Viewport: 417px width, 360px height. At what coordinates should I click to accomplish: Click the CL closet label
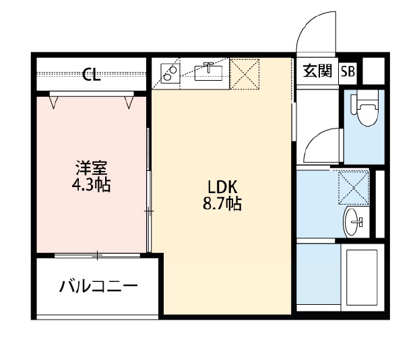tap(91, 74)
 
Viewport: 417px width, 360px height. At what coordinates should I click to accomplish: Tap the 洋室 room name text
tap(91, 168)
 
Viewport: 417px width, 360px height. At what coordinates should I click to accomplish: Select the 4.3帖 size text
tap(91, 184)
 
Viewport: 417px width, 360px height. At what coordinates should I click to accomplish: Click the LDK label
tap(222, 187)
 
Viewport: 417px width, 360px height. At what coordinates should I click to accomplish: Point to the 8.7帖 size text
tap(222, 204)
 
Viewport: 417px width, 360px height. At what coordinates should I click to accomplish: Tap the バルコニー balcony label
tap(98, 286)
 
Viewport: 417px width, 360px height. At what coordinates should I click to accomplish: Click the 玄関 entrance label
tap(317, 71)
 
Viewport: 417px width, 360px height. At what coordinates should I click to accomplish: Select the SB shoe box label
tap(348, 71)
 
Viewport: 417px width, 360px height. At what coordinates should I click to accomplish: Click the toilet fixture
tap(365, 108)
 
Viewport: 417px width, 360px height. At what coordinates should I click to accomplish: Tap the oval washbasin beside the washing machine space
tap(353, 222)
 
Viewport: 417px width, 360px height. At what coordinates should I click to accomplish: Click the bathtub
tap(362, 277)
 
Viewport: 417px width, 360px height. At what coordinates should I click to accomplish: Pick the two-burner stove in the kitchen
tap(170, 73)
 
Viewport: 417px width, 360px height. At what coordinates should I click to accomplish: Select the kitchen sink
tap(209, 73)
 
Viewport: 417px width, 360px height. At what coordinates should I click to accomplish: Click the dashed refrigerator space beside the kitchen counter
tap(245, 74)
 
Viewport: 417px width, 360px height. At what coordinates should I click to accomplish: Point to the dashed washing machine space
tap(354, 188)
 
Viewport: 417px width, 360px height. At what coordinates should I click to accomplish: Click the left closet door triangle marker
tap(54, 103)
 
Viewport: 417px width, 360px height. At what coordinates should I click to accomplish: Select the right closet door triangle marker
tap(129, 103)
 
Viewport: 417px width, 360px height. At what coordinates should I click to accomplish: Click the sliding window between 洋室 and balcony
tap(97, 256)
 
